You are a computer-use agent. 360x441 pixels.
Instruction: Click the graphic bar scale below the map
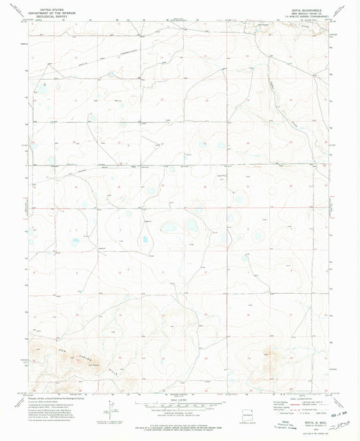[x=180, y=406]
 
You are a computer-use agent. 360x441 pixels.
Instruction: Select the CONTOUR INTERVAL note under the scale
[x=180, y=413]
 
